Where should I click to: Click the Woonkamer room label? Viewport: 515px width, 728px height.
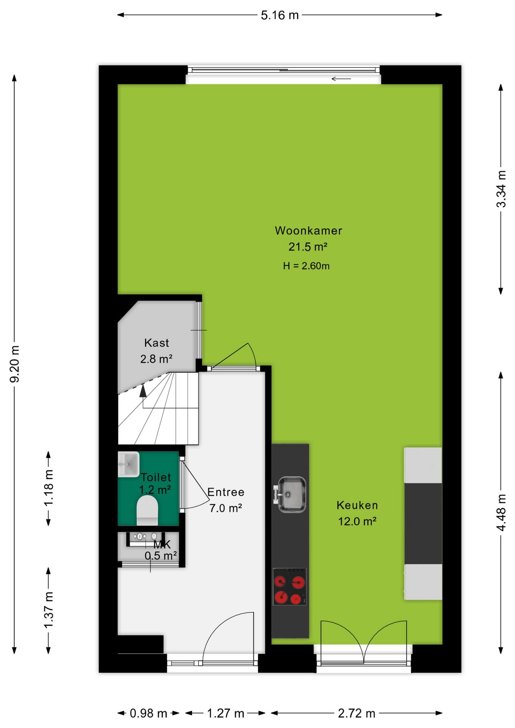(308, 231)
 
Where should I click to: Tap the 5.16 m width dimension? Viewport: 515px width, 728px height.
(280, 15)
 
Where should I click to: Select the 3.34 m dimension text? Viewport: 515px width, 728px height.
(501, 189)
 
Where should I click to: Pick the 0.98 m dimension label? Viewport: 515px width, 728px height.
(148, 714)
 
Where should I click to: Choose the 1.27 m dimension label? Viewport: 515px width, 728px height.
(226, 714)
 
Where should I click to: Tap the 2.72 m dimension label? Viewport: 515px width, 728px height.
(356, 714)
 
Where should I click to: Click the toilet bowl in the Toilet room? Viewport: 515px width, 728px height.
(147, 511)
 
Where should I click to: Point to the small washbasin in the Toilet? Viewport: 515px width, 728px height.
(129, 464)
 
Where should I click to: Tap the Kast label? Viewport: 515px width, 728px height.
(157, 343)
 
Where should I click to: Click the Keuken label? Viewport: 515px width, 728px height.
(357, 505)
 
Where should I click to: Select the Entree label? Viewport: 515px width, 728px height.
(226, 492)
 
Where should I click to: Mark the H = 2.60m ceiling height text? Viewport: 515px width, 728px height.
(306, 266)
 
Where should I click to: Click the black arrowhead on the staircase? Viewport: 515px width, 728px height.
(143, 391)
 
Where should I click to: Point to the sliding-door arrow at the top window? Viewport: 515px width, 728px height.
(341, 79)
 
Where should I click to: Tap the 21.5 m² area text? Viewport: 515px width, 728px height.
(308, 247)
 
